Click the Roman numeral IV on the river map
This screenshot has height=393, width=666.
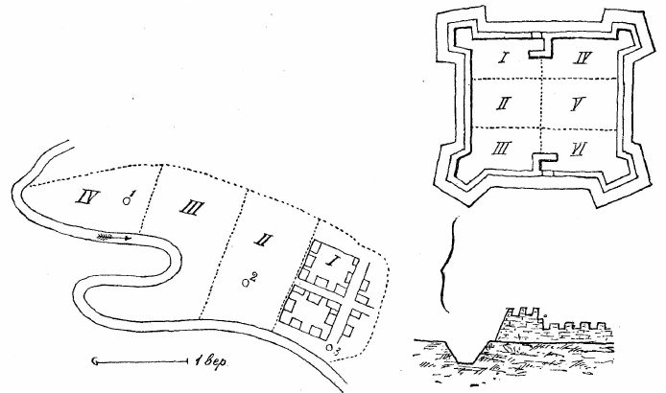click(88, 196)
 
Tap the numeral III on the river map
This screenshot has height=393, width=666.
click(191, 208)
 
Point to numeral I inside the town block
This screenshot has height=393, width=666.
click(329, 262)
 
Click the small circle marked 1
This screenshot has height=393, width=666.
click(126, 201)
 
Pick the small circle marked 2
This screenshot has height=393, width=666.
click(245, 282)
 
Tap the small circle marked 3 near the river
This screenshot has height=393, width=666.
click(330, 348)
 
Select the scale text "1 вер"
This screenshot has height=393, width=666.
click(211, 361)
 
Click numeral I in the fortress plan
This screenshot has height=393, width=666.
click(503, 58)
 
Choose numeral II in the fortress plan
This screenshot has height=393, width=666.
click(504, 104)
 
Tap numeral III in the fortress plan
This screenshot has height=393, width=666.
click(502, 149)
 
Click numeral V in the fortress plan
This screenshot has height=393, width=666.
click(578, 104)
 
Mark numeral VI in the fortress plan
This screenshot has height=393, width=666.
click(579, 149)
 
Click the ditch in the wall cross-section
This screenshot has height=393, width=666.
click(465, 352)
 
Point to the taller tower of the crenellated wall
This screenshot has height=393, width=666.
click(521, 323)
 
